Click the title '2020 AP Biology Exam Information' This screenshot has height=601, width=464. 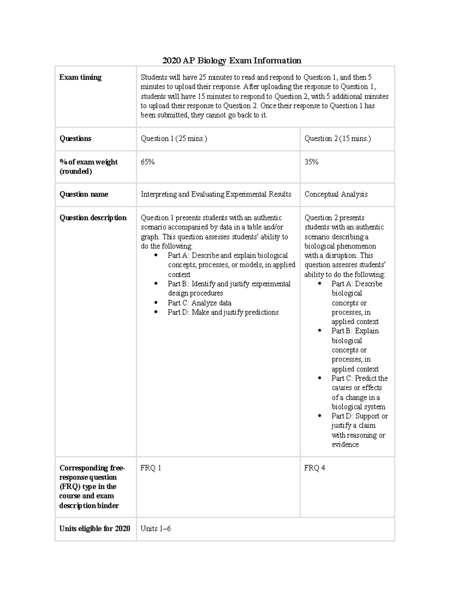coord(232,60)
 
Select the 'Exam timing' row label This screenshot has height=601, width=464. coord(80,77)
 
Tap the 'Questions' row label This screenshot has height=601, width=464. coord(75,139)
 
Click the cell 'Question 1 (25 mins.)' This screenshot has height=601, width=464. coord(174,139)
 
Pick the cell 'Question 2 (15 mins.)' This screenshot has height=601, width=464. coord(338,139)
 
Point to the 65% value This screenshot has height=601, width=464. coord(148,162)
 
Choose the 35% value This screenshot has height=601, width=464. coord(311,162)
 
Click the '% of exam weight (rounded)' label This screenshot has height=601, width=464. coord(89,167)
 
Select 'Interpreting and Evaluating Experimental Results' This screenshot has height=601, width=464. coord(216,194)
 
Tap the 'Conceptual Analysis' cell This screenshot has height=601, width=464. coord(336,194)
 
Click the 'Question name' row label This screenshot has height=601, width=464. coord(84,194)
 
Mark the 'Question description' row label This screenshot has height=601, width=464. coord(93,218)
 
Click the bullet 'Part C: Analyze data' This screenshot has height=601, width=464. coord(200,303)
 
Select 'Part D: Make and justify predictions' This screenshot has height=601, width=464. coord(223,312)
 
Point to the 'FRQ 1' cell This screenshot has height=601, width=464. coord(151,468)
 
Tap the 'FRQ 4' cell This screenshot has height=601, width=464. coord(314,468)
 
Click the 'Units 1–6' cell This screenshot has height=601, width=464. coord(155,529)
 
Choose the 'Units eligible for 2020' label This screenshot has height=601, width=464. coord(95,529)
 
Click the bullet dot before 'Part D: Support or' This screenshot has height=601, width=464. coord(320,416)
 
